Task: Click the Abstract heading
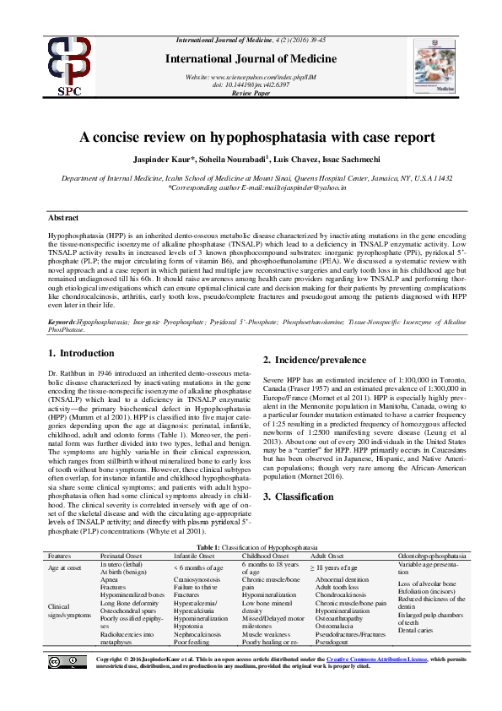tap(65, 218)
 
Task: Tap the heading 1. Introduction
tap(81, 353)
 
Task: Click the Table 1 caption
tap(251, 549)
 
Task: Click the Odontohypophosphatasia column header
tap(431, 556)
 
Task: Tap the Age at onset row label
tap(67, 568)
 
